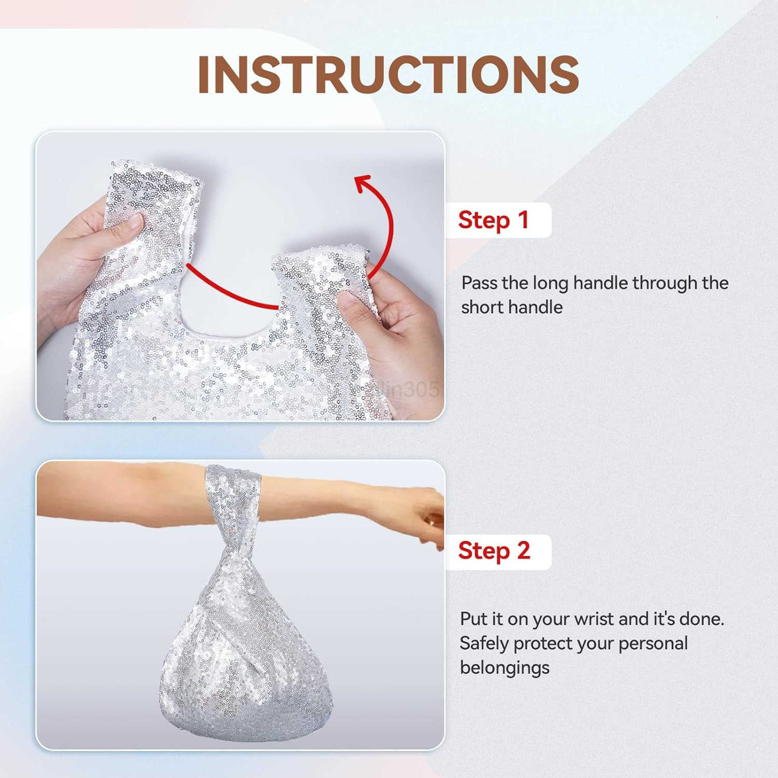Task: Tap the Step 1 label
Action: click(493, 220)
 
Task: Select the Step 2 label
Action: click(494, 551)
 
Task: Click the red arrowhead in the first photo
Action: click(364, 184)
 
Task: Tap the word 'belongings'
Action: click(504, 668)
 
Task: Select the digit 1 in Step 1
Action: click(523, 219)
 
